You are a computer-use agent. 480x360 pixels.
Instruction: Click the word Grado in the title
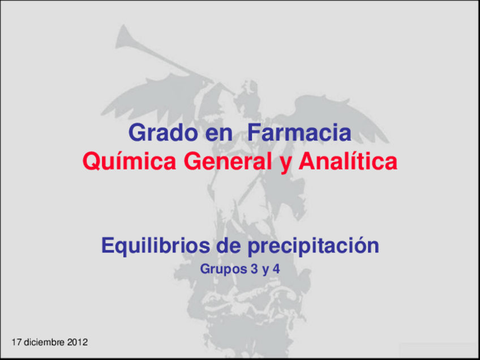tap(159, 134)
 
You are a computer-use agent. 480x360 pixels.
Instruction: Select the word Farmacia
tap(299, 134)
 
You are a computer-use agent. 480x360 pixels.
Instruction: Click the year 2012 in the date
tap(77, 342)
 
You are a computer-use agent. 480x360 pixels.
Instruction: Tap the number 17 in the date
tap(16, 342)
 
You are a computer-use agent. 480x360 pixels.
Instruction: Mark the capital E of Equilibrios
tap(107, 246)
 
